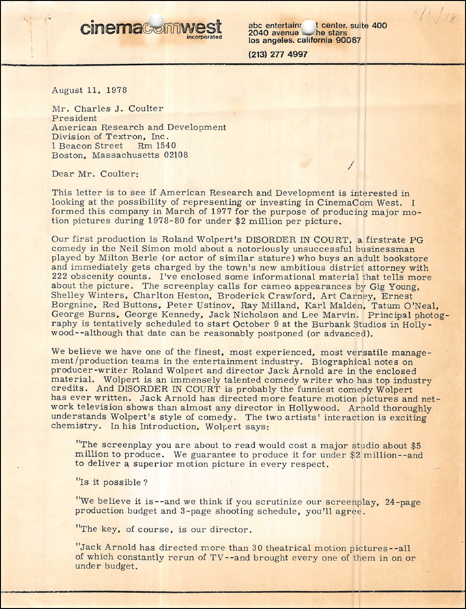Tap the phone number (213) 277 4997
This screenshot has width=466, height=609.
[277, 55]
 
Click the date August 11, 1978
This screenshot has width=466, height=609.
[89, 90]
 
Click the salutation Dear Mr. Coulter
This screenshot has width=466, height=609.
[95, 174]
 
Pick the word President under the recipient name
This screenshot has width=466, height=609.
[74, 118]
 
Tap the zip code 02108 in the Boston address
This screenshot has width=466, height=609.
[174, 155]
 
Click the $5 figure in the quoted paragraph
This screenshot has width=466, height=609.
[415, 445]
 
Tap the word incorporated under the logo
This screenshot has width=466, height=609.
[204, 37]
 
